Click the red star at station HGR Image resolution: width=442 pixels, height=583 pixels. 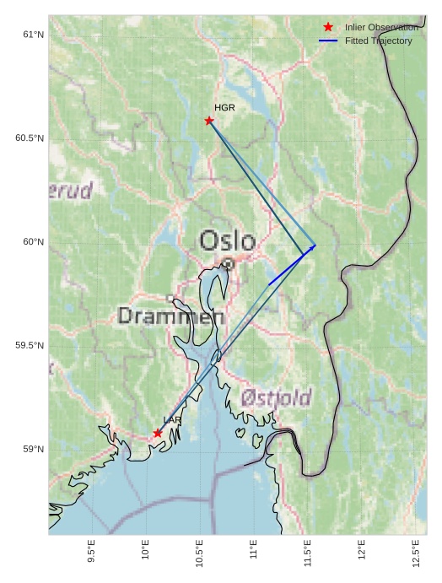(209, 121)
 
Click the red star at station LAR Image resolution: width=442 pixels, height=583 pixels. (158, 433)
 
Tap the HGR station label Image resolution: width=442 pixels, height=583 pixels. (224, 108)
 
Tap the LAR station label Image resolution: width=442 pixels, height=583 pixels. (172, 420)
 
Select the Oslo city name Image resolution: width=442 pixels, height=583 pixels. (227, 241)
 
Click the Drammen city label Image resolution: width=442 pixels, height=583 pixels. (171, 316)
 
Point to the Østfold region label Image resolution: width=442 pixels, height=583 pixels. (276, 397)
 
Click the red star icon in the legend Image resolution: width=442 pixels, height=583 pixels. (328, 27)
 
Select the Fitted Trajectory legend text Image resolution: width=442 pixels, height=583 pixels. (378, 40)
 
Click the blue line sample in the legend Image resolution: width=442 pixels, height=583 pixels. (328, 40)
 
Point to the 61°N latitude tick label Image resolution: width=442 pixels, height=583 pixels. (33, 35)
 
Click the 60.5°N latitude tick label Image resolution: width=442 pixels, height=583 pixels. (30, 138)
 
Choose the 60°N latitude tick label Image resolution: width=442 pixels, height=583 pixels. (33, 242)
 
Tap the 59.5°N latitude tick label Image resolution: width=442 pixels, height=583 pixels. (30, 346)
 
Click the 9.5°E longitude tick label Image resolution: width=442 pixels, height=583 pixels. (91, 550)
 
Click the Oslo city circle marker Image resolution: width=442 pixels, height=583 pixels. (228, 264)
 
